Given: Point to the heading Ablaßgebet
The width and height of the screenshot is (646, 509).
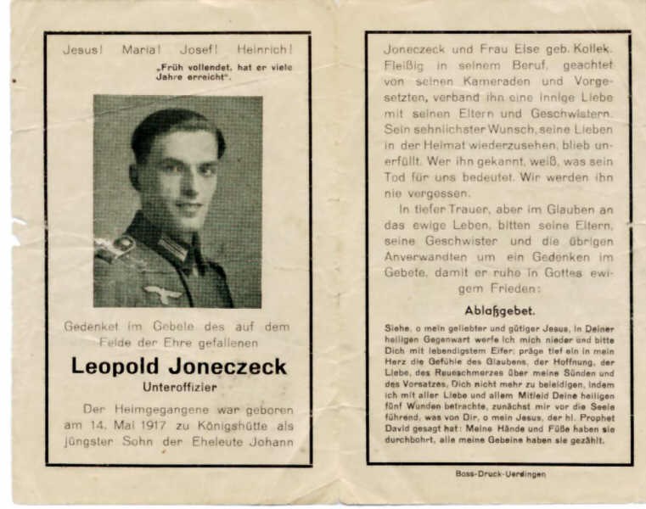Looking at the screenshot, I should [x=499, y=310].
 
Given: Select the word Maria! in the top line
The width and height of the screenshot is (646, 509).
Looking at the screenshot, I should [x=142, y=49].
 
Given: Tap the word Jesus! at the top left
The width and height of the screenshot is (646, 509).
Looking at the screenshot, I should [x=83, y=49].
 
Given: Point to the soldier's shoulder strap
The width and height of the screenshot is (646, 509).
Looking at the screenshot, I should [x=115, y=246].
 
